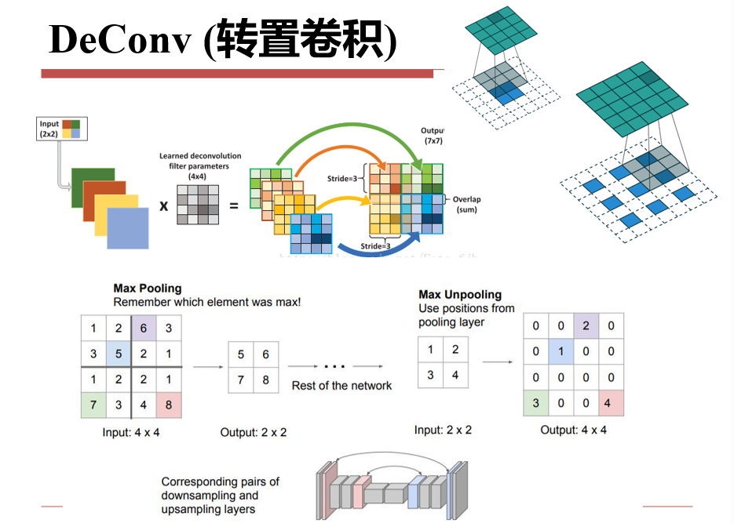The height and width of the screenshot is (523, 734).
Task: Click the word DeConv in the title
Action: click(119, 39)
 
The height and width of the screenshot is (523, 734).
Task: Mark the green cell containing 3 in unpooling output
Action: click(536, 403)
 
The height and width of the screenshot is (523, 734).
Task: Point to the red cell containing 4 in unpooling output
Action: click(611, 403)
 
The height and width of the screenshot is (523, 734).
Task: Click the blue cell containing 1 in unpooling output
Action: click(561, 351)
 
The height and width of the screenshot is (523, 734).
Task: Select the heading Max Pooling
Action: click(147, 289)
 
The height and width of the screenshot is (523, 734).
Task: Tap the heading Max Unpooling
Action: click(460, 295)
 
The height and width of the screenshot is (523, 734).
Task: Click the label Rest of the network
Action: click(341, 385)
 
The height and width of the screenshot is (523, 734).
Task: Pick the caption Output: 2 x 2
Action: click(254, 431)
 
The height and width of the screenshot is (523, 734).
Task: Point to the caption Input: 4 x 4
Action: click(133, 431)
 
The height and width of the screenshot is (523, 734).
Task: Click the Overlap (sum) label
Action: click(467, 205)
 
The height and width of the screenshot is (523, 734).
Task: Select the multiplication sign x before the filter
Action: click(163, 206)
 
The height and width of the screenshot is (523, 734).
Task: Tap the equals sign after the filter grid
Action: click(233, 206)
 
